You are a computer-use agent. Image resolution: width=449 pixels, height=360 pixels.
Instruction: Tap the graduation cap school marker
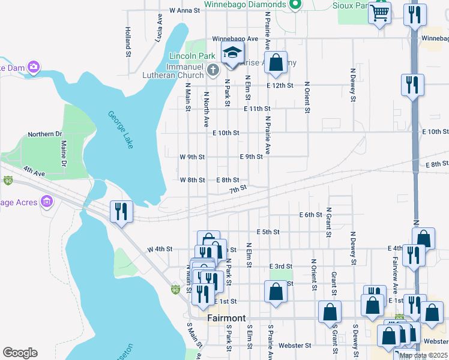click(x=232, y=52)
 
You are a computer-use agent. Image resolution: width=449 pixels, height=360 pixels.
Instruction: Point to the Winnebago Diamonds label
click(x=244, y=5)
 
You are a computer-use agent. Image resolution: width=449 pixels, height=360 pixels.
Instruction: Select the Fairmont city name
click(x=226, y=318)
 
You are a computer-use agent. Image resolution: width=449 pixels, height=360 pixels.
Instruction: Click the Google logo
click(x=20, y=353)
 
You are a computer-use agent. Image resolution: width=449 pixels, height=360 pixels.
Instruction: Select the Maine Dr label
click(x=62, y=153)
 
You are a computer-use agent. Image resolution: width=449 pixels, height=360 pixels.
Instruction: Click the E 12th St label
click(x=280, y=86)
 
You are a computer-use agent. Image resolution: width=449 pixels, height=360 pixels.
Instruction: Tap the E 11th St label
click(x=258, y=109)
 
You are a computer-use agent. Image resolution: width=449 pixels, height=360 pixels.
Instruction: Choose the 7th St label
click(x=238, y=188)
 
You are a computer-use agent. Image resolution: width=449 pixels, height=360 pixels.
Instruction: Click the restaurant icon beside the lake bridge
click(x=121, y=211)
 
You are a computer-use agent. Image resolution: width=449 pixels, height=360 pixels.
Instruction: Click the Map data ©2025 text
click(x=423, y=355)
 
